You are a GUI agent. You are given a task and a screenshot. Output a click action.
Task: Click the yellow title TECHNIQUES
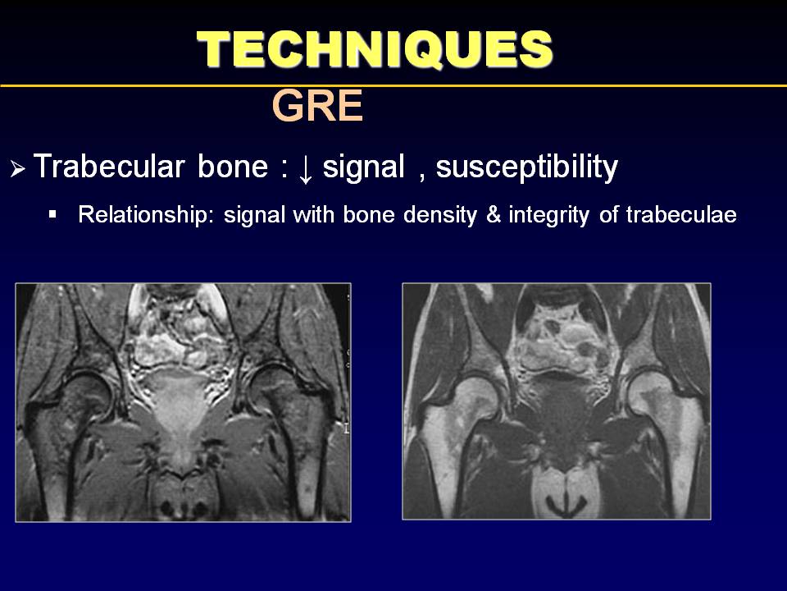click(375, 48)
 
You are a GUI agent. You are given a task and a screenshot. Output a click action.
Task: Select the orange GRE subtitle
click(317, 106)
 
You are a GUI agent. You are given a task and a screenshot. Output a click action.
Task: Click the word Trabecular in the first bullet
click(109, 167)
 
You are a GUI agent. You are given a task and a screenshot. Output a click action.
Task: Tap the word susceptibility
click(527, 167)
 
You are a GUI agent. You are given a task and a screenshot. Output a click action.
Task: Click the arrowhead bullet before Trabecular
click(17, 169)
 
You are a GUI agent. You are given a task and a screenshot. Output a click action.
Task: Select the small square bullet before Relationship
click(52, 214)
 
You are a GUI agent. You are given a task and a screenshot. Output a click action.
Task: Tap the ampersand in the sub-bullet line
click(494, 215)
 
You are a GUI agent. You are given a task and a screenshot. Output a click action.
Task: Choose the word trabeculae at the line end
click(681, 215)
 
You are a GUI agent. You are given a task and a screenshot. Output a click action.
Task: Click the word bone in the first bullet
click(233, 167)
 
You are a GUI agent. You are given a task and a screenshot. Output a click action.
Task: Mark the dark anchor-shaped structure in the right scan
click(566, 504)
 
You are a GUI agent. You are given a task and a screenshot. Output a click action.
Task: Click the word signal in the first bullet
click(363, 167)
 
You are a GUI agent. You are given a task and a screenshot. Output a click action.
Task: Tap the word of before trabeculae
click(608, 215)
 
